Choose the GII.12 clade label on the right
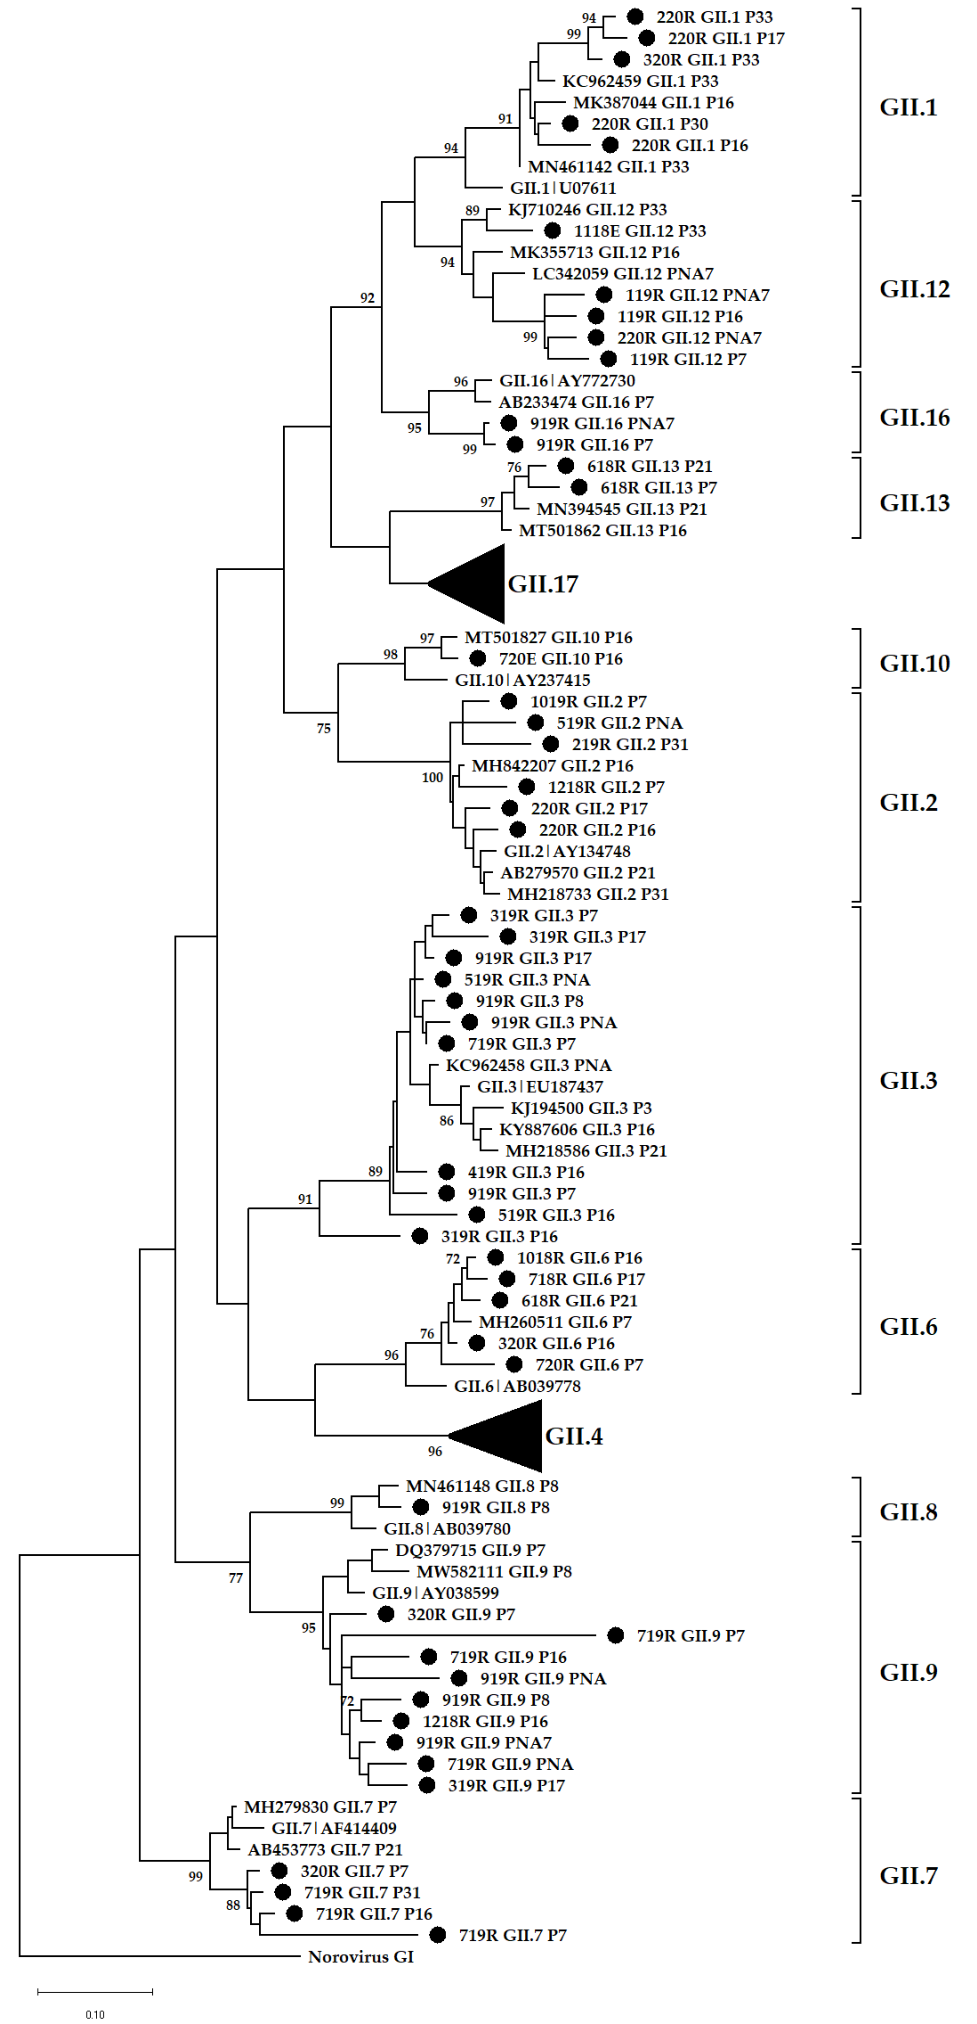[914, 289]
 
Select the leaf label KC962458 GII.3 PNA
[529, 1066]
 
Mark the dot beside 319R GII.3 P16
[420, 1236]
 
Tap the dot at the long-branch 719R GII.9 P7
[616, 1635]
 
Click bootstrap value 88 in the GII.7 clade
[233, 1905]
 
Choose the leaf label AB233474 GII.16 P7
[576, 402]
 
